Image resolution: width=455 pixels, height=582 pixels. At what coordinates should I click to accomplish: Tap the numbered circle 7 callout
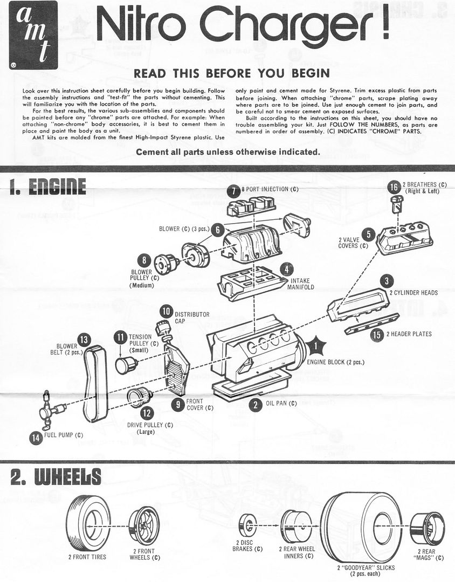(233, 190)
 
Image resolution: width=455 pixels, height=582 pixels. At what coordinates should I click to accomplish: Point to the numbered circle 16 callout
(394, 187)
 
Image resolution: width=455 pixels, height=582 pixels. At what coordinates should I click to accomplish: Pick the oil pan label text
(281, 403)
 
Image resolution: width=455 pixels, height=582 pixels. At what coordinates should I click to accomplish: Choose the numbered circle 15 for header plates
(378, 335)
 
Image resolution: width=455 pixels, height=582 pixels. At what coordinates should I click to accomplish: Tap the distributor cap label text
(192, 317)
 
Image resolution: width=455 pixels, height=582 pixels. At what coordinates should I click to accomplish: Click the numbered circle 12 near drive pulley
(146, 413)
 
